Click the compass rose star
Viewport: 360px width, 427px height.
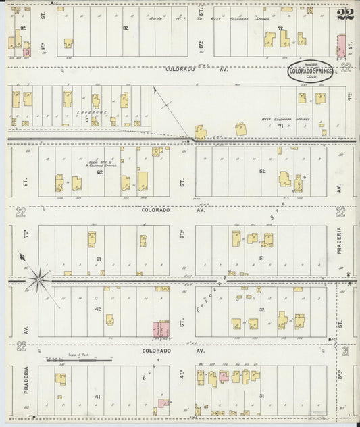click(38, 276)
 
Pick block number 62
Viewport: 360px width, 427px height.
click(99, 172)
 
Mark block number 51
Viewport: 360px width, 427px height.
click(261, 259)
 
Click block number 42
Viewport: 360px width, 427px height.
click(99, 309)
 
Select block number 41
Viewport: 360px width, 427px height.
click(99, 396)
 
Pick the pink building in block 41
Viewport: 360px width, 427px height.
click(163, 403)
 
